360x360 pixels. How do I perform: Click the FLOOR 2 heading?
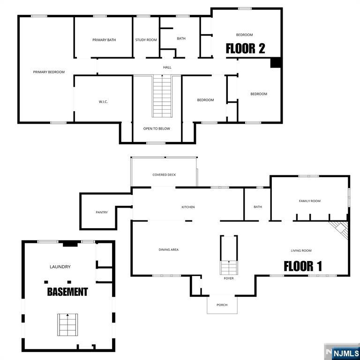pos(245,48)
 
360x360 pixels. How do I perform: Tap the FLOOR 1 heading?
pos(303,266)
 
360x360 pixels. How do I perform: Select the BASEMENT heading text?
pos(67,292)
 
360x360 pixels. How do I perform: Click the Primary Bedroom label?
pos(49,72)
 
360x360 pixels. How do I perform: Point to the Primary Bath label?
pos(104,40)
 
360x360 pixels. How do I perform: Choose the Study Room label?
pos(146,40)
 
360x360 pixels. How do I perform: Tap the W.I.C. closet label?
pos(104,102)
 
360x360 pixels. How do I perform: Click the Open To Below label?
pos(157,128)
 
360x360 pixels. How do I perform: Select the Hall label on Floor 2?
pos(167,67)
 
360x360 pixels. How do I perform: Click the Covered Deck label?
pos(164,175)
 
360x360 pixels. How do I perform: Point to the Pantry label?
pos(102,212)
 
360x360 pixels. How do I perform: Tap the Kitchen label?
pos(188,207)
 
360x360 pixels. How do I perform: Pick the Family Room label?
pos(310,201)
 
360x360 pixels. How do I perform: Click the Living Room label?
pos(301,251)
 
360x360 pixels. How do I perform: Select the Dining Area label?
pos(168,250)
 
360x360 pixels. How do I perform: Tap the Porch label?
pos(222,305)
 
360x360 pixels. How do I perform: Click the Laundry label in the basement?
pos(60,267)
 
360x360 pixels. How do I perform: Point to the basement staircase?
pos(67,324)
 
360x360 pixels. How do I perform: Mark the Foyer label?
pos(228,278)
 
